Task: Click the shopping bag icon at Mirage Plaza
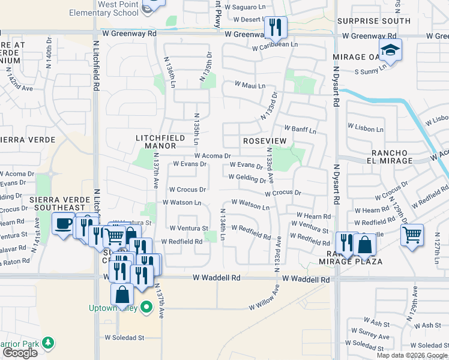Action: tap(364, 244)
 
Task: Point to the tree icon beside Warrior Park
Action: tap(47, 344)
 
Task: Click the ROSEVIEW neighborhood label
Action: tap(264, 140)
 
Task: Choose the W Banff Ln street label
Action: tap(300, 128)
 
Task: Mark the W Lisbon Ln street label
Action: tap(367, 128)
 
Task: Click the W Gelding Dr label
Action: tap(247, 178)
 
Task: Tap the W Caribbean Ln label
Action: tap(275, 45)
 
